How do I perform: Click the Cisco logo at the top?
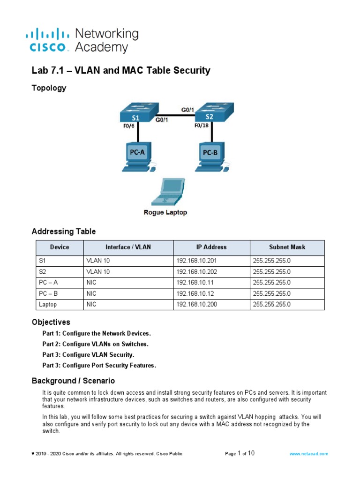pyautogui.click(x=49, y=40)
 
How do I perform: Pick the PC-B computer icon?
pyautogui.click(x=210, y=157)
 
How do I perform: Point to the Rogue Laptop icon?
pyautogui.click(x=165, y=192)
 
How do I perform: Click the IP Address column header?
pyautogui.click(x=211, y=247)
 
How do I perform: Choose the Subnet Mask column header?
pyautogui.click(x=286, y=247)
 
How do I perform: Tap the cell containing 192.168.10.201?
pyautogui.click(x=196, y=261)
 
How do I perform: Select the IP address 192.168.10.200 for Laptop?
pyautogui.click(x=196, y=304)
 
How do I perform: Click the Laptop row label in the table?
pyautogui.click(x=48, y=304)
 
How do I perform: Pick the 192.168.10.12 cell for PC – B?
pyautogui.click(x=195, y=293)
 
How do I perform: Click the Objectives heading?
pyautogui.click(x=51, y=322)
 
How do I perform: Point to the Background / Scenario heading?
pyautogui.click(x=73, y=381)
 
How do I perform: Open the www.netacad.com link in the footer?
pyautogui.click(x=308, y=454)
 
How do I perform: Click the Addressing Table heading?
pyautogui.click(x=63, y=231)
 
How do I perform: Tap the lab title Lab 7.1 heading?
pyautogui.click(x=120, y=71)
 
